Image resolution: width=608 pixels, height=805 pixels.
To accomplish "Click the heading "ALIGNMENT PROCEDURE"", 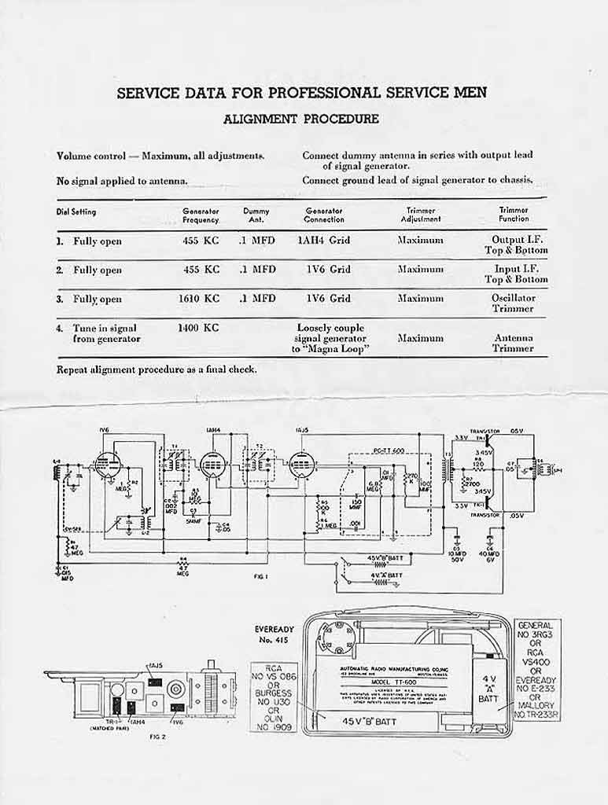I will [x=301, y=119].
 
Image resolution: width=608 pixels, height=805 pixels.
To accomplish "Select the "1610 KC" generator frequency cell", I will [x=201, y=299].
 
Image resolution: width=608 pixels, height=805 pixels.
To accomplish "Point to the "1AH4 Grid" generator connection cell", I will [x=324, y=241].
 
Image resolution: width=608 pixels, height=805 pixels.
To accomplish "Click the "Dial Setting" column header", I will [x=76, y=212].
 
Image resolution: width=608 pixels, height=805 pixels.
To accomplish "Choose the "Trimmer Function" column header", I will [x=514, y=215].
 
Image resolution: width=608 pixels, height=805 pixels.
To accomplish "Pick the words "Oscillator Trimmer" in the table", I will [x=513, y=303].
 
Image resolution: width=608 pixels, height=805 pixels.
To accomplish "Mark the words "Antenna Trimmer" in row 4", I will [x=513, y=344].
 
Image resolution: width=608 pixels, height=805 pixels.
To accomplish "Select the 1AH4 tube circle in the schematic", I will [x=213, y=465].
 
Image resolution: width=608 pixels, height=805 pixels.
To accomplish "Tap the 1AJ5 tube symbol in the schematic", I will [x=301, y=465].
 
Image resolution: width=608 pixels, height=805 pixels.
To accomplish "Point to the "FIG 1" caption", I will [x=261, y=576].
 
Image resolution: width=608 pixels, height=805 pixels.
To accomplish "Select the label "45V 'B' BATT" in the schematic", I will [x=381, y=560].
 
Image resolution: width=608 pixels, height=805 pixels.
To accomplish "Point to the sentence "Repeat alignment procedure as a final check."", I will [x=157, y=369].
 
